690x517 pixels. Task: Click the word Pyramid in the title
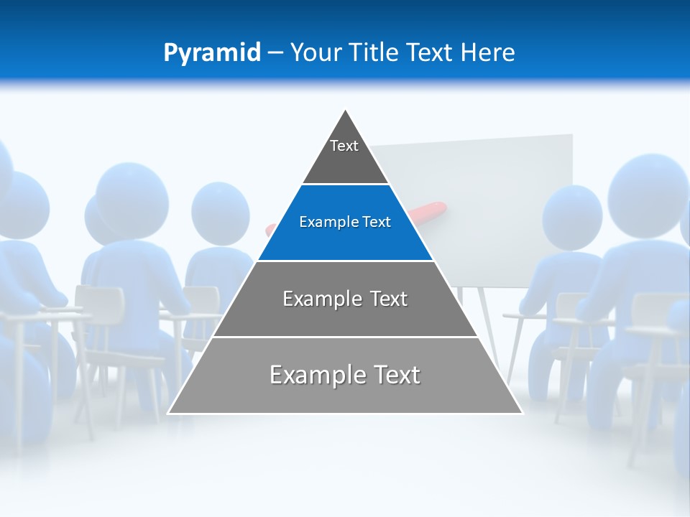tap(212, 53)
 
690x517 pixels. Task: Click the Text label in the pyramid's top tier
tap(344, 146)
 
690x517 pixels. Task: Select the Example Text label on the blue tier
tap(345, 222)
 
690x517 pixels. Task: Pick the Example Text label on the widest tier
tap(345, 375)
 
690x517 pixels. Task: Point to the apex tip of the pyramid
tap(346, 110)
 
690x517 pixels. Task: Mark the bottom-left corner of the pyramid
tap(169, 414)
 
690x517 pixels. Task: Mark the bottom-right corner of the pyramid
tap(522, 414)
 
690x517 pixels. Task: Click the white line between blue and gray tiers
tap(346, 261)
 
